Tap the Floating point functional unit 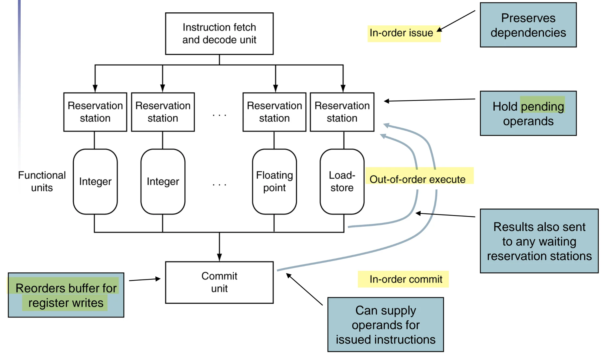274,181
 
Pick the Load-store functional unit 342,181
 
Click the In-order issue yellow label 404,33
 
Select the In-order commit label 403,279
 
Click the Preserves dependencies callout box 528,25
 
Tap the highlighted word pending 543,106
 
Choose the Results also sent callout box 539,241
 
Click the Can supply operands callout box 385,324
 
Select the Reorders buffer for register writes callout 66,295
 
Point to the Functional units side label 42,181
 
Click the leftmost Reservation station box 95,112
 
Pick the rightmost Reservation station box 342,112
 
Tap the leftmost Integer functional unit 95,181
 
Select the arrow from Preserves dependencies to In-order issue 456,21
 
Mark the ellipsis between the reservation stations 219,115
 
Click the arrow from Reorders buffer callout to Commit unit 145,279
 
